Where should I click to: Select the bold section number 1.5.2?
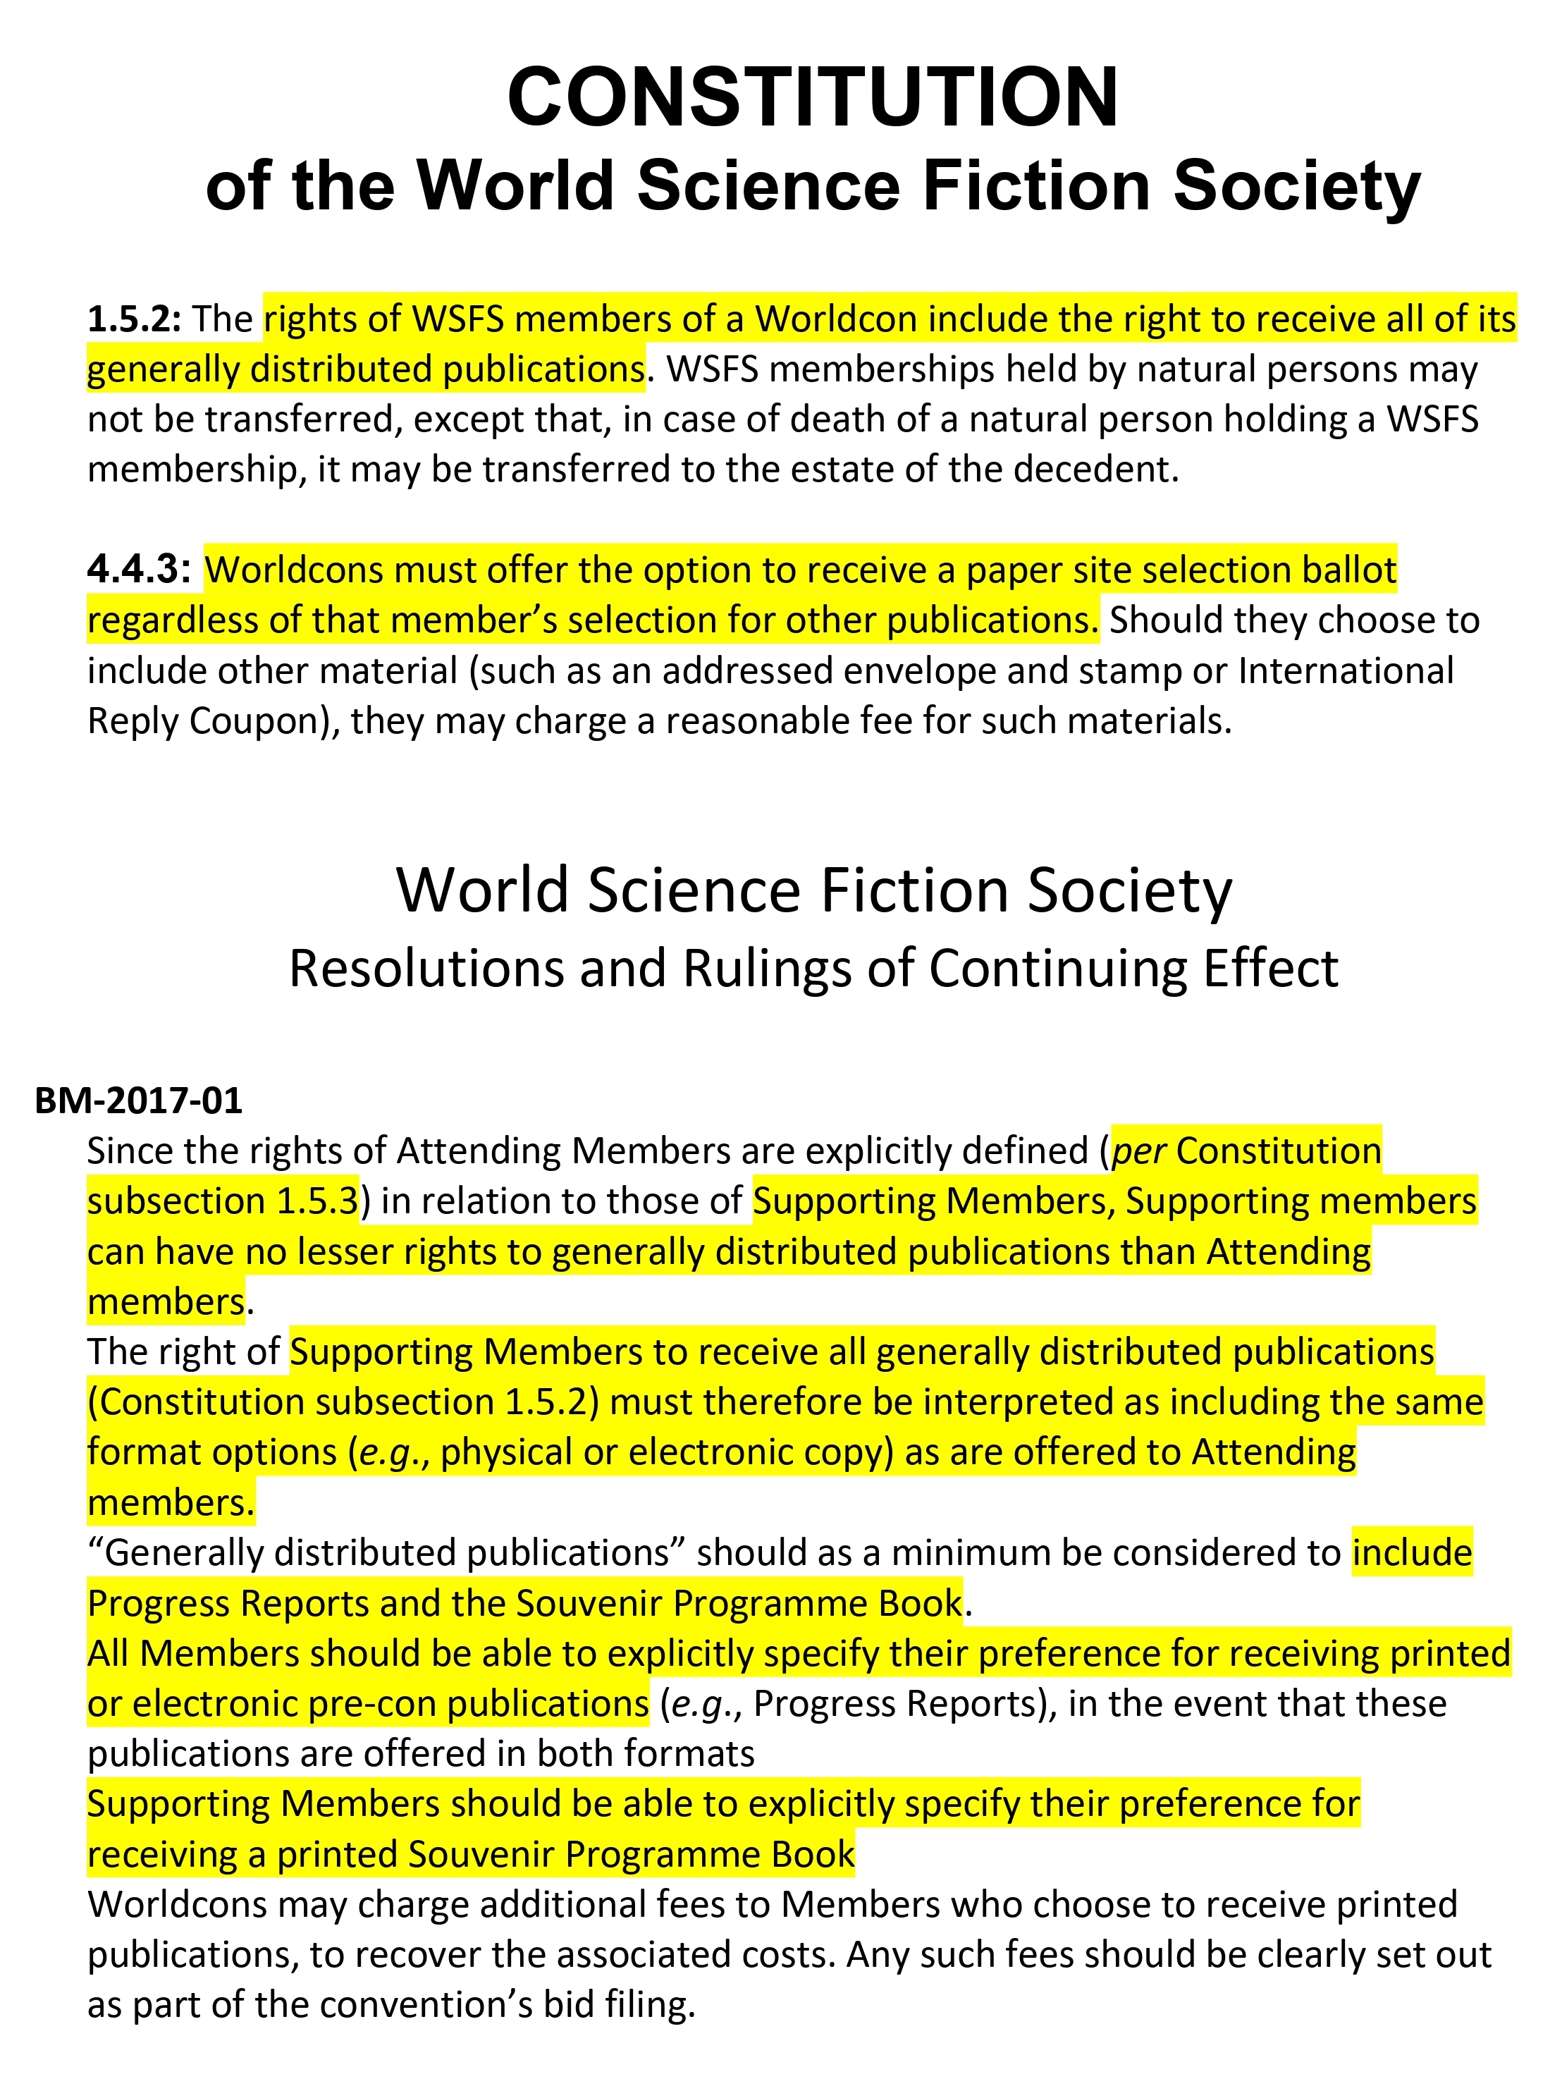tap(133, 319)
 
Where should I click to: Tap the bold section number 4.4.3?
tap(139, 570)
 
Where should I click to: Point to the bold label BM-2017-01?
tap(138, 1100)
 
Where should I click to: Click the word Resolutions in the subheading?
tap(426, 968)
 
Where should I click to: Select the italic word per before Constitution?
tap(1138, 1151)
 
